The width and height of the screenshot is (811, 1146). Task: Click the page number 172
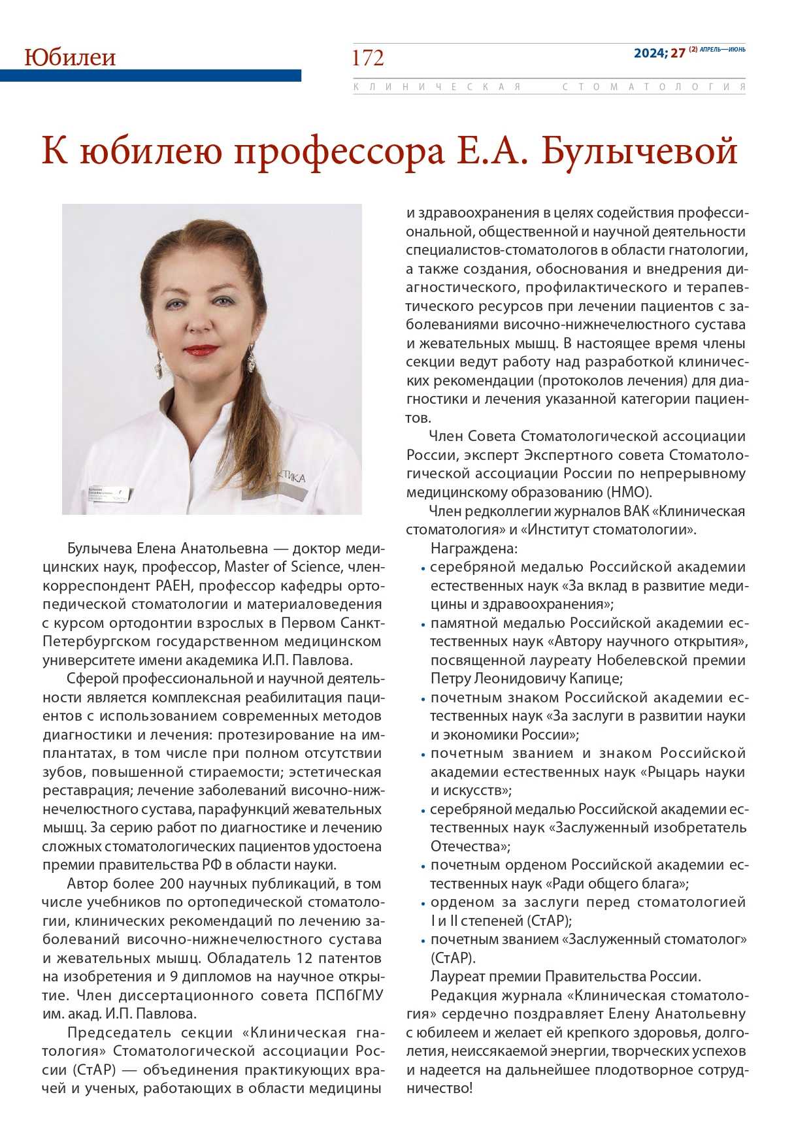pos(368,58)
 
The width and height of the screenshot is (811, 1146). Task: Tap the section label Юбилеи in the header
pos(70,57)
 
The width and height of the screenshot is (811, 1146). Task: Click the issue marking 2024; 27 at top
pos(659,53)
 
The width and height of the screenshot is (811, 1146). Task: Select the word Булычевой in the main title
pos(640,152)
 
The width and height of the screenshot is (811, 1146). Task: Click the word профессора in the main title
pos(339,152)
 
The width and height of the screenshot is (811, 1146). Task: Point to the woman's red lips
pos(201,350)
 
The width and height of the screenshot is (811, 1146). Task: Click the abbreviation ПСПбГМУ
pos(350,996)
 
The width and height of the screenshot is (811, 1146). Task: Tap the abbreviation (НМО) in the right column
pos(629,493)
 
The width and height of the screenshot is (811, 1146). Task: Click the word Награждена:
pos(474,549)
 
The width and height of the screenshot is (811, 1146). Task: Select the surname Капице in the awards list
pos(599,679)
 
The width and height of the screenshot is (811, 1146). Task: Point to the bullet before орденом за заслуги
pos(423,904)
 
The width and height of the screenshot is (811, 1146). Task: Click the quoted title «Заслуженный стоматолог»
pos(657,940)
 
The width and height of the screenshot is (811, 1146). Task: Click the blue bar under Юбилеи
pos(150,76)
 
